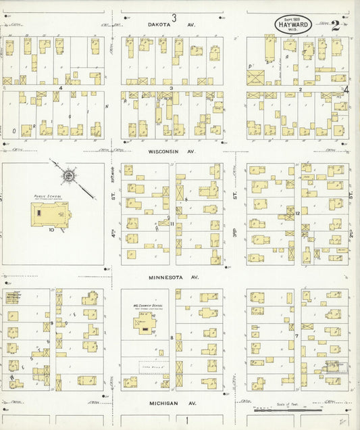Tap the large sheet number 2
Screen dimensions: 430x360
click(x=335, y=26)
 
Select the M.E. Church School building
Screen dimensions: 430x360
click(x=143, y=320)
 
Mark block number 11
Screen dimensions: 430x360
click(x=172, y=224)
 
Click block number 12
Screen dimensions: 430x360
click(x=297, y=214)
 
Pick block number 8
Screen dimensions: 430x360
click(x=172, y=337)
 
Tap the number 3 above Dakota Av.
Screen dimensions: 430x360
click(x=174, y=17)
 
